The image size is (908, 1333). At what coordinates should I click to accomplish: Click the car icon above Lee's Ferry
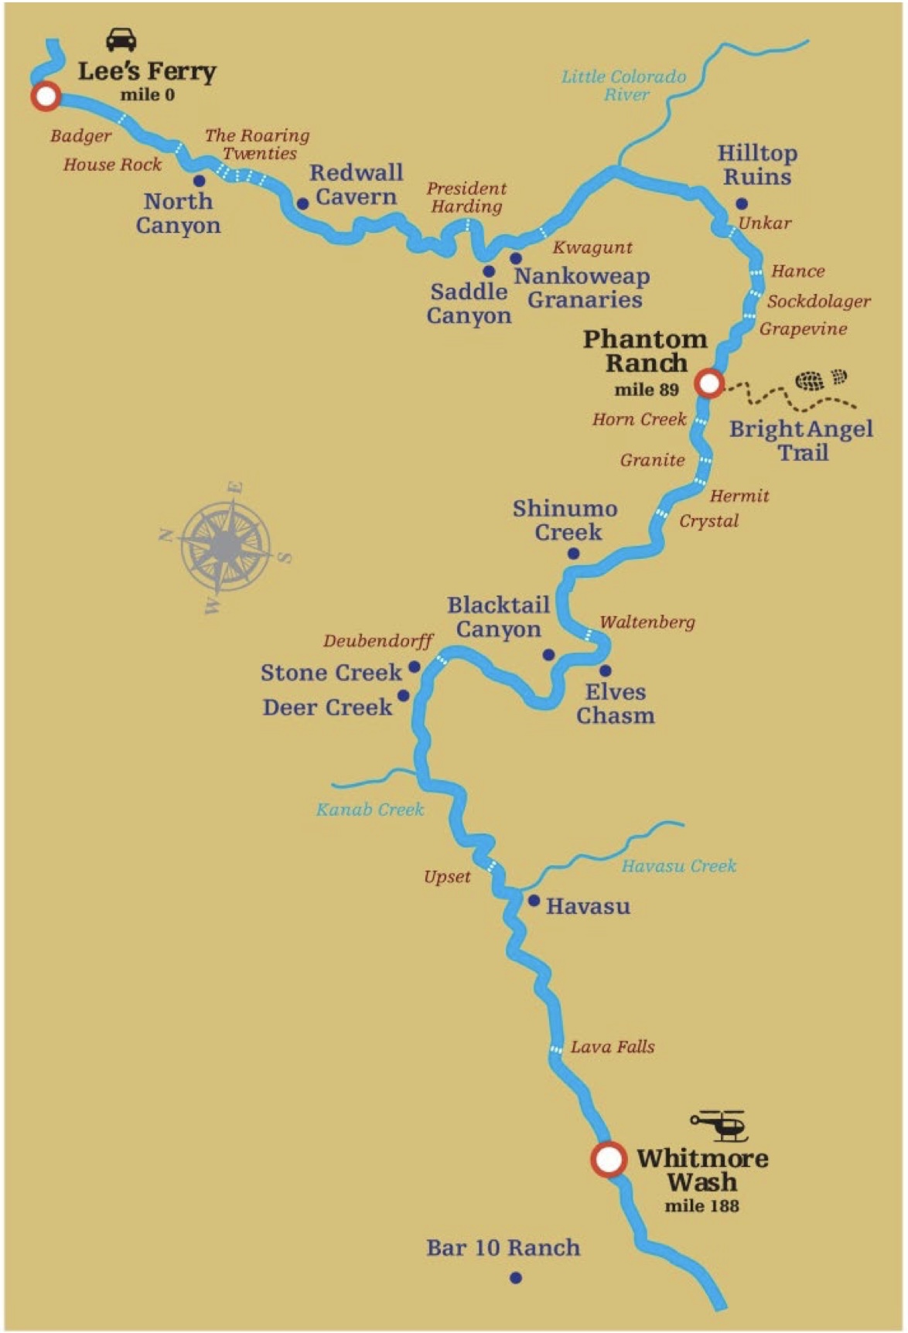(121, 39)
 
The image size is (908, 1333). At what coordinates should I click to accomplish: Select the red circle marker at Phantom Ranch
(708, 383)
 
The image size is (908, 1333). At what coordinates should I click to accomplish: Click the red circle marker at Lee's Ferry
(46, 96)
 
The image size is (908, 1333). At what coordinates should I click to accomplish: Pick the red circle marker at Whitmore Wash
(609, 1159)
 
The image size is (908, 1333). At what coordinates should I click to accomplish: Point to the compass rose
(227, 547)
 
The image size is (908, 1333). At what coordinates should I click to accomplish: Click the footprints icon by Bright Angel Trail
(821, 380)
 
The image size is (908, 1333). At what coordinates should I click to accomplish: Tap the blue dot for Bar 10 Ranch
(516, 1278)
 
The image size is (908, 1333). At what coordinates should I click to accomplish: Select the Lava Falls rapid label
(613, 1047)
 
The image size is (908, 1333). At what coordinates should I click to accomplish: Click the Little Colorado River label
(624, 85)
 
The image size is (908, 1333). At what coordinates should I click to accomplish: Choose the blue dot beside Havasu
(534, 901)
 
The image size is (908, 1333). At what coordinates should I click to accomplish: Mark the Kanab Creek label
(370, 810)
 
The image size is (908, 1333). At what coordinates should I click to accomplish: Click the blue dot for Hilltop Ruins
(741, 204)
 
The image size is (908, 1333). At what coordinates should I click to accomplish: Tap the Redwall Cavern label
(357, 185)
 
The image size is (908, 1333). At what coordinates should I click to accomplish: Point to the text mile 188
(701, 1205)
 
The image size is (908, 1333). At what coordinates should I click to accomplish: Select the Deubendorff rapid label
(378, 641)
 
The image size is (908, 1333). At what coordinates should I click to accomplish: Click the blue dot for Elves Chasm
(605, 670)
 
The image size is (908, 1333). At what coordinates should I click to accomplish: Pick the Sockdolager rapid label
(818, 302)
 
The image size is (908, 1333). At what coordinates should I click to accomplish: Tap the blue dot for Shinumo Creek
(573, 554)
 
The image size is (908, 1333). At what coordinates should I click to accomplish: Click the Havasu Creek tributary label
(679, 866)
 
